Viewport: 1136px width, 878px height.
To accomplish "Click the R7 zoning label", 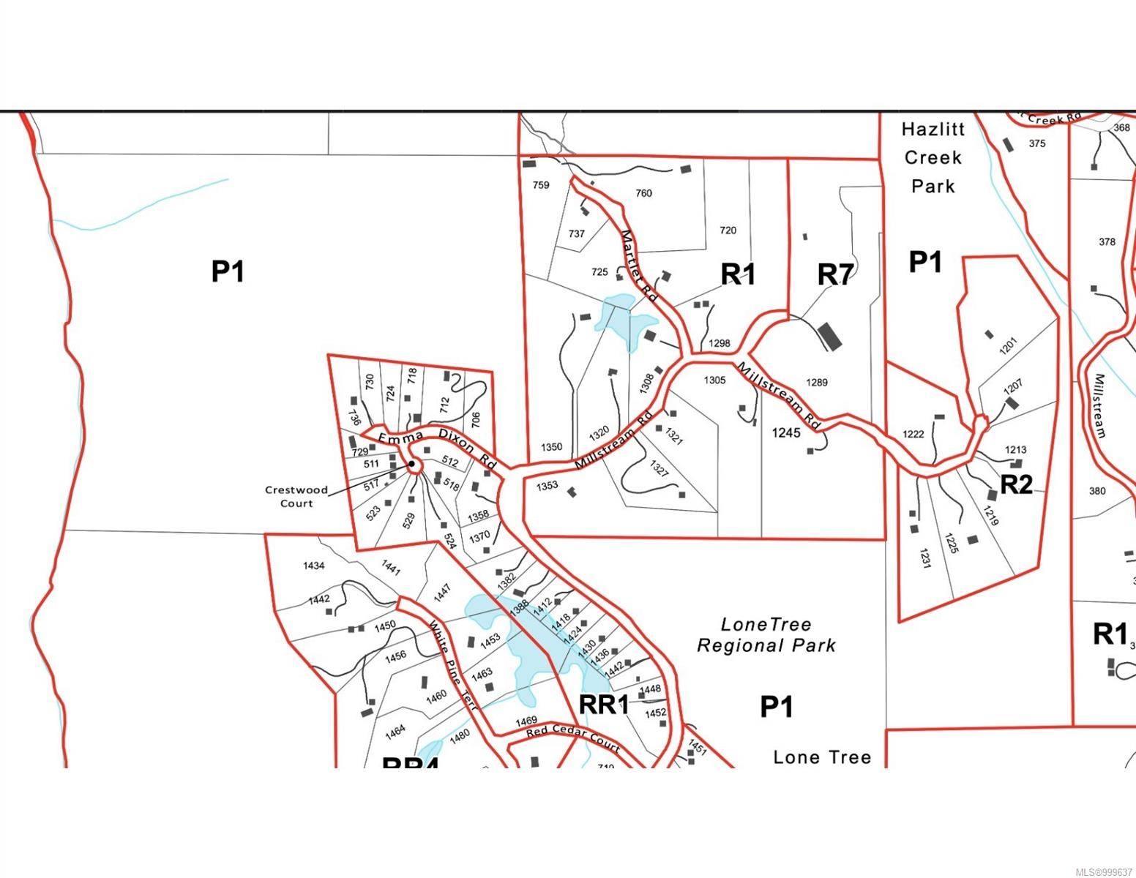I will (x=835, y=275).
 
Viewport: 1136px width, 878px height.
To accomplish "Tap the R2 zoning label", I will (x=1016, y=484).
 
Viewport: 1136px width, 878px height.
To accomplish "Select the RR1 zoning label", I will (x=604, y=705).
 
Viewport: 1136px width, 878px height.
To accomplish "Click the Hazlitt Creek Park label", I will (x=933, y=157).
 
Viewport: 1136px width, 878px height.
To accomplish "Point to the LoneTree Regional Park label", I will (x=766, y=635).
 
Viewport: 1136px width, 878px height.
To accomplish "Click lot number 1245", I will (x=786, y=432).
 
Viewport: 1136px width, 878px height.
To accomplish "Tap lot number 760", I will (x=643, y=193).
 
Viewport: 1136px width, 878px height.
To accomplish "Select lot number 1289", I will (x=816, y=383).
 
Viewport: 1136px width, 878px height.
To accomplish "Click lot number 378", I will (x=1107, y=242).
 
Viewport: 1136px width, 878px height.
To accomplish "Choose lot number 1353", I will (x=547, y=485).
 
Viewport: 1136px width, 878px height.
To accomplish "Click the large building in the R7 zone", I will (x=829, y=335).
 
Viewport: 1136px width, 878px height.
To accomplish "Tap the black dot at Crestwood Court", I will (x=412, y=464).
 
